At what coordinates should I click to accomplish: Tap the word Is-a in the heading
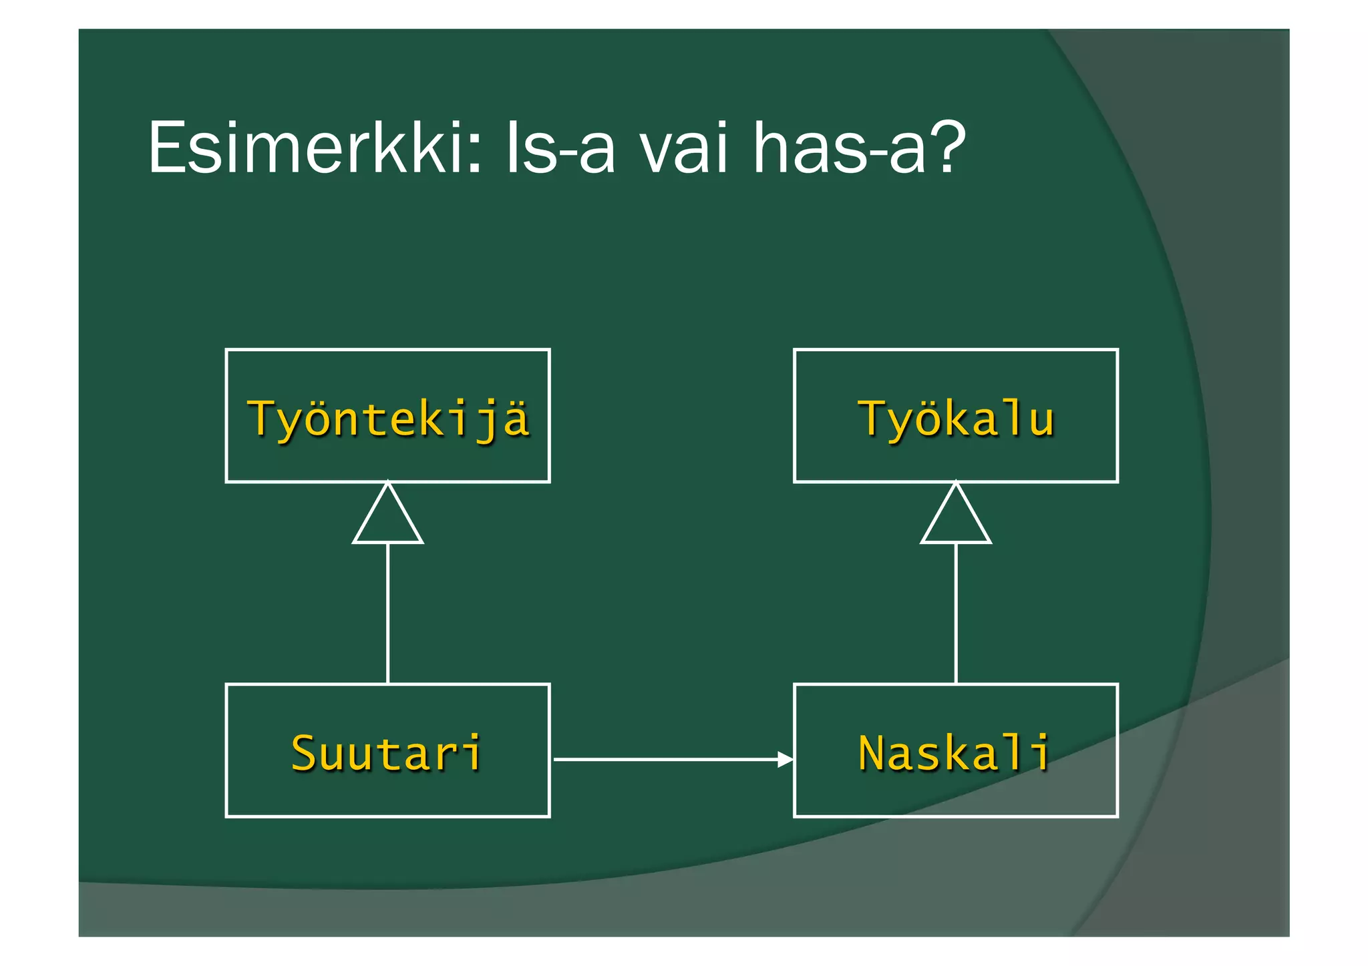(560, 148)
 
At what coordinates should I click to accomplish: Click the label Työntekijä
(388, 419)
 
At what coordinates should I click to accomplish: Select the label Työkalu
(956, 419)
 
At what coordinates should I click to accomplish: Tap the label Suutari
(387, 753)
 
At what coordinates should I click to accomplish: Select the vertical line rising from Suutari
(388, 614)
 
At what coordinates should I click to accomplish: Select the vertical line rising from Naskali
(956, 614)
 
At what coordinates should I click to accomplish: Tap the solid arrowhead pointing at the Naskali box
(786, 759)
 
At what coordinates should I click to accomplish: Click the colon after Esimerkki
(475, 154)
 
